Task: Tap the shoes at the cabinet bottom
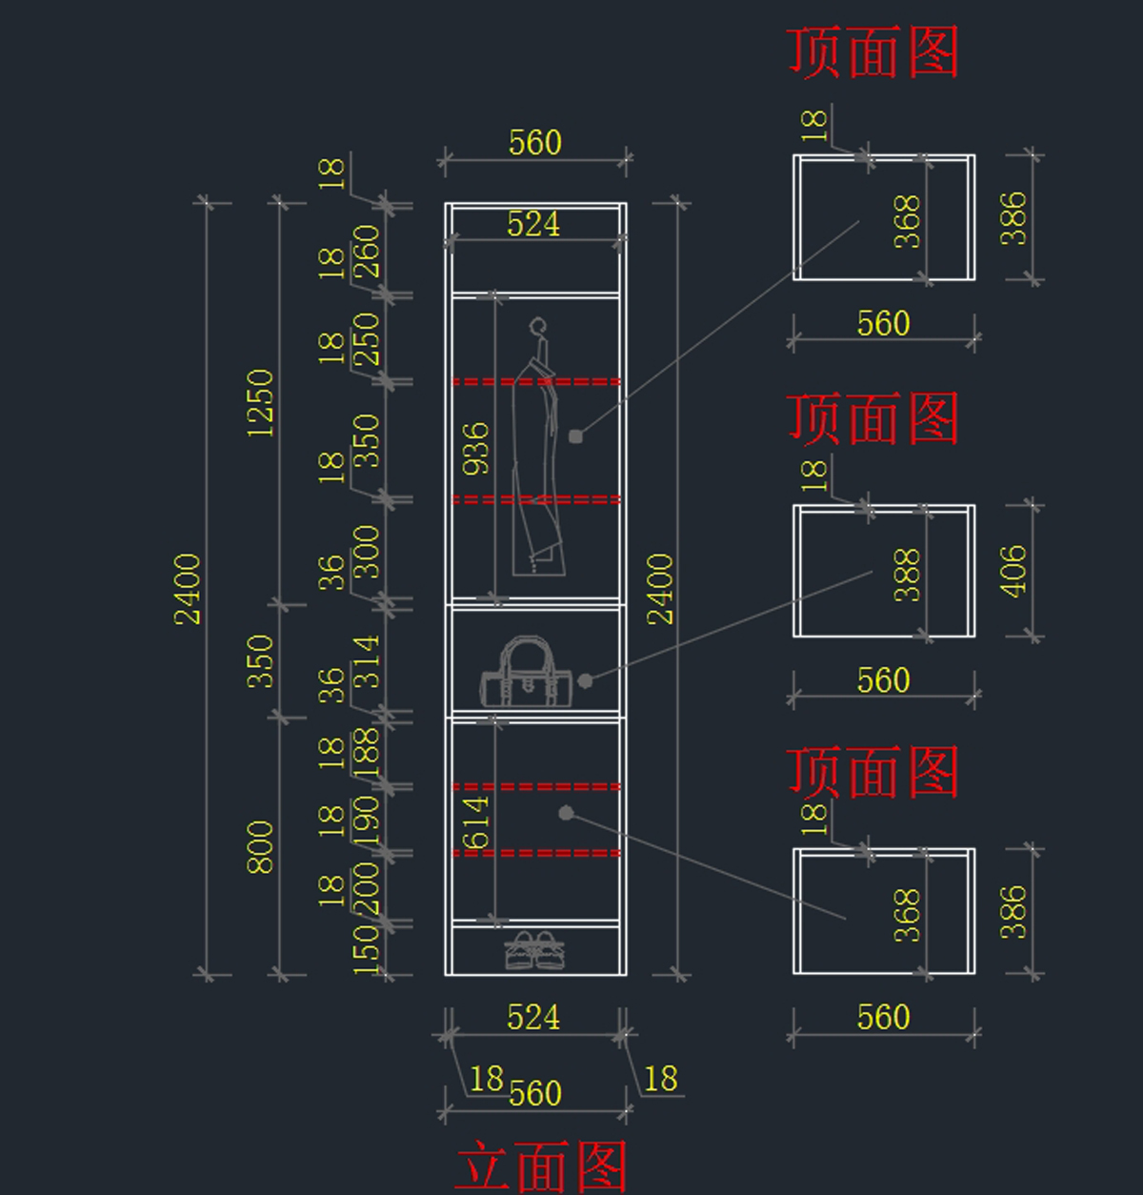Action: pos(534,949)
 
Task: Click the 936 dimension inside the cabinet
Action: pos(475,448)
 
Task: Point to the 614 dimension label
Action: pos(475,821)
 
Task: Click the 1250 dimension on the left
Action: pos(260,403)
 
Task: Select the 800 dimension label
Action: pos(260,846)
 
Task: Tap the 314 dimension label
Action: pos(367,661)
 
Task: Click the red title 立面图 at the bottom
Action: pos(541,1166)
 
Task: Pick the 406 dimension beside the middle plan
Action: pos(1014,571)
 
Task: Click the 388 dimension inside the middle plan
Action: pos(908,574)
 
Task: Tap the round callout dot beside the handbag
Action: pos(586,680)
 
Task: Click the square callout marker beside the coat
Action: pos(575,436)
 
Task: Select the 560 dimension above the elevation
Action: pos(534,143)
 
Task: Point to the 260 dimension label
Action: pos(367,251)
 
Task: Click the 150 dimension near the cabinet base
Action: pos(367,948)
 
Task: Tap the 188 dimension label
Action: pos(367,750)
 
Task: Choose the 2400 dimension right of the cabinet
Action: pos(660,589)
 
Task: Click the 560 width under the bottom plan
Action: pos(883,1017)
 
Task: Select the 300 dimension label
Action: pos(367,552)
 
